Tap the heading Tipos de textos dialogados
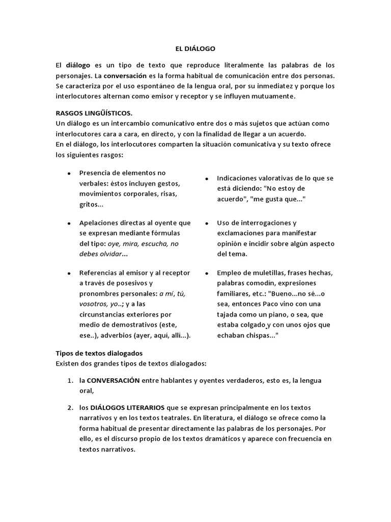[x=99, y=353]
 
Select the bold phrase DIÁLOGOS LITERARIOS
[x=127, y=408]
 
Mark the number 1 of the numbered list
[x=70, y=381]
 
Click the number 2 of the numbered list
[x=70, y=408]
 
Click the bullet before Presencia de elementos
[x=68, y=173]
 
